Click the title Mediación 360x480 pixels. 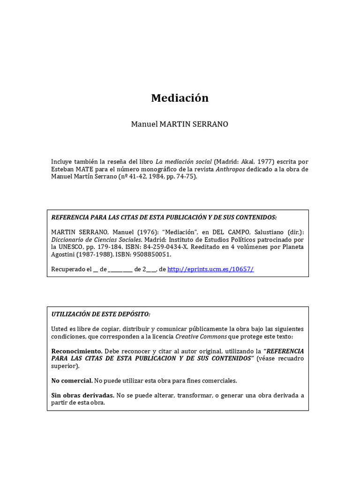[x=180, y=98]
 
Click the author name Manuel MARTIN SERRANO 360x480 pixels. [x=180, y=125]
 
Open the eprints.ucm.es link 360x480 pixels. [x=210, y=269]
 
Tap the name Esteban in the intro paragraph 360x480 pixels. [x=63, y=169]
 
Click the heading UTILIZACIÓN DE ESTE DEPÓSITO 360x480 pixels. [x=101, y=314]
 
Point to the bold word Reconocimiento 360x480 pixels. [x=76, y=351]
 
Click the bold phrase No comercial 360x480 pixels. [x=72, y=381]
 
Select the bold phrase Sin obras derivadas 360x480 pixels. [x=82, y=395]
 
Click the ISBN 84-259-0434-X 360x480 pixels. [x=175, y=247]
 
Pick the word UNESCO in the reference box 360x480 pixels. [x=68, y=247]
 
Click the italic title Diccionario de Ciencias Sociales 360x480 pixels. [x=96, y=240]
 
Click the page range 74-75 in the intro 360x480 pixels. [x=188, y=176]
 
